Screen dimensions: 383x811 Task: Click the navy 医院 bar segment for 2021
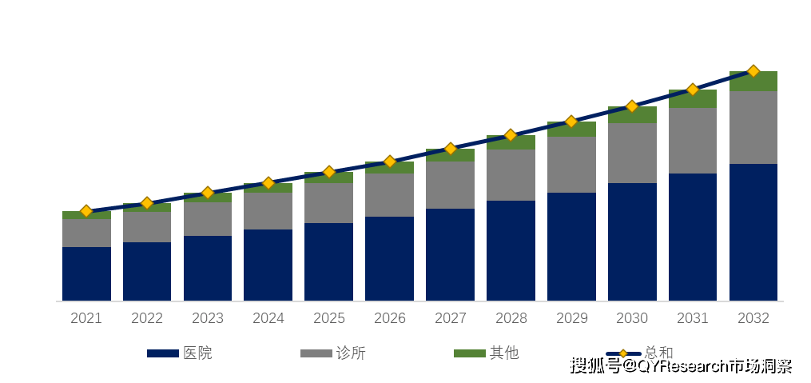click(x=86, y=273)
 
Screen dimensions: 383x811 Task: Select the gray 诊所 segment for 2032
click(x=753, y=127)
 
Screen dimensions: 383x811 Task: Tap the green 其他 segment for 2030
click(x=632, y=115)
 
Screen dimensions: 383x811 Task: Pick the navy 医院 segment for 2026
click(x=389, y=258)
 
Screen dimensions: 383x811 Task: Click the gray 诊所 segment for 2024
click(x=268, y=211)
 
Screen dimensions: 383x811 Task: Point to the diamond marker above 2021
click(x=86, y=212)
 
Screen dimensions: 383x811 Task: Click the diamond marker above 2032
click(x=753, y=71)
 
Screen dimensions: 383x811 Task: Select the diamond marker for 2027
click(x=450, y=149)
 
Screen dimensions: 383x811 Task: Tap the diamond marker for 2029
click(x=571, y=122)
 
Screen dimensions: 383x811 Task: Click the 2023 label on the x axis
click(x=208, y=318)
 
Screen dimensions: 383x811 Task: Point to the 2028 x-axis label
click(x=511, y=318)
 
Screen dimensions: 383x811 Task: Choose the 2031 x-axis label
click(x=693, y=318)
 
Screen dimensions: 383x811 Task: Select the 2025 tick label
click(x=328, y=318)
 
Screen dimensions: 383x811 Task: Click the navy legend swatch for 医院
click(x=163, y=353)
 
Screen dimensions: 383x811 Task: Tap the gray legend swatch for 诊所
click(x=316, y=353)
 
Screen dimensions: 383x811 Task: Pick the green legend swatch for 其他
click(x=469, y=353)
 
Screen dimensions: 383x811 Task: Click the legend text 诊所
click(x=351, y=353)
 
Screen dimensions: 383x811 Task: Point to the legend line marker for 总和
click(x=623, y=353)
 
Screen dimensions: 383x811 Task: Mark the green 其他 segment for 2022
click(x=147, y=208)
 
